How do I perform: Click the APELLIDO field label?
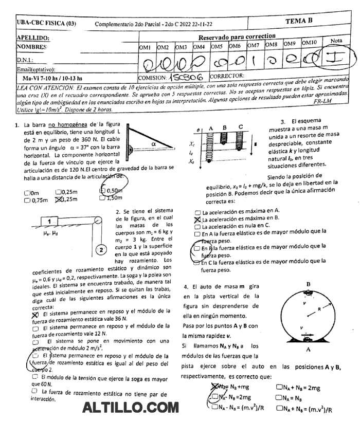(x=33, y=38)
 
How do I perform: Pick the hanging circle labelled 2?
(x=102, y=250)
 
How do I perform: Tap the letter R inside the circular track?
(x=319, y=309)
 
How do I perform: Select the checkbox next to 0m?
(x=27, y=193)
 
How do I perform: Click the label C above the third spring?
(x=241, y=126)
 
